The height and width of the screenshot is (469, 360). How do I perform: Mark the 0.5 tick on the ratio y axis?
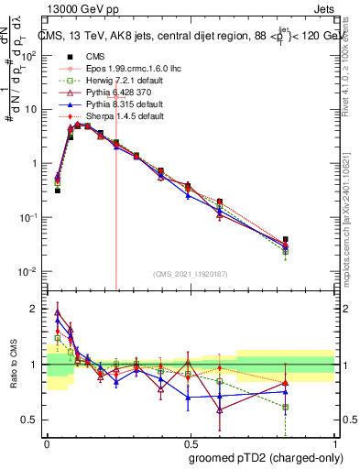[35, 420]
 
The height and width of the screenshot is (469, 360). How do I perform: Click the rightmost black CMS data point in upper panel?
[286, 239]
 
